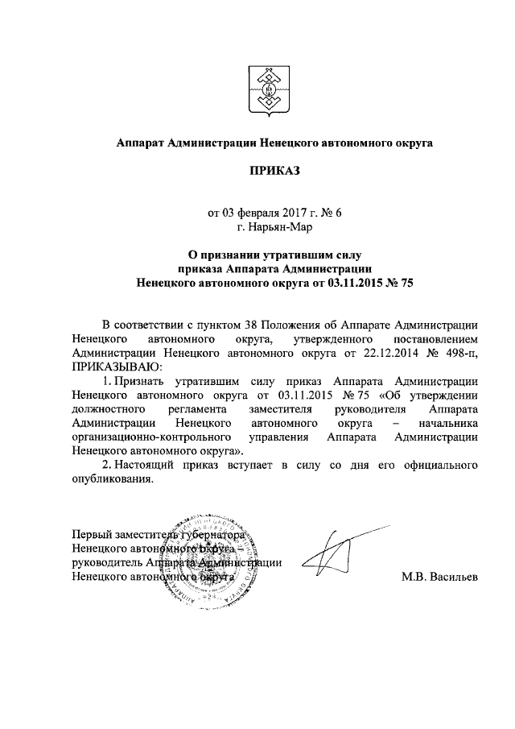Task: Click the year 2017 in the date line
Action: point(297,213)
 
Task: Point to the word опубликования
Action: point(111,479)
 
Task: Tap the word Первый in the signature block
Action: point(91,534)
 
